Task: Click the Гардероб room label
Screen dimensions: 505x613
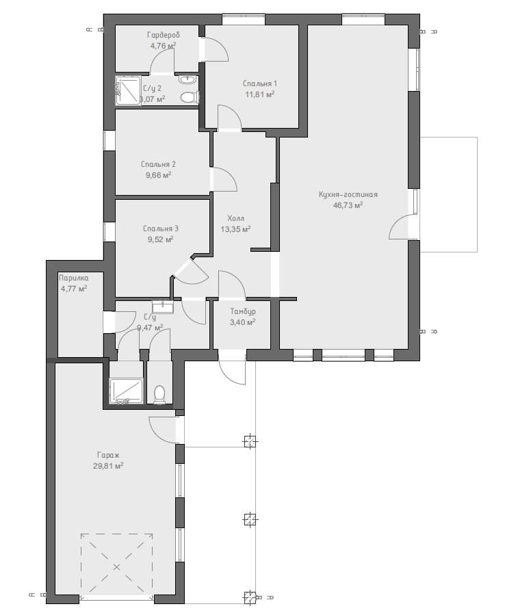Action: point(164,35)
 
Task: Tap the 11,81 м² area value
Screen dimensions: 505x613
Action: point(259,94)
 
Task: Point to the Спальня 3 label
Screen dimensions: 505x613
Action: point(161,229)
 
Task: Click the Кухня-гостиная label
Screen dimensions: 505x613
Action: point(348,194)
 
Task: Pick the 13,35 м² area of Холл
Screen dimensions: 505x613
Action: point(235,229)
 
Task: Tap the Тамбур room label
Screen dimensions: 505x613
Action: point(243,311)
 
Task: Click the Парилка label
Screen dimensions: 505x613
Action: point(73,278)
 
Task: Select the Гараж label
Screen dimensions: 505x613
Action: point(108,455)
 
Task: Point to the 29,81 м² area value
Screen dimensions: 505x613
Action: point(108,466)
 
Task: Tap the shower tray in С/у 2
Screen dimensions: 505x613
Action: point(128,91)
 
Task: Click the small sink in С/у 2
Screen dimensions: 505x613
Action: point(185,79)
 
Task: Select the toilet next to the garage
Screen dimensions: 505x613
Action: point(159,395)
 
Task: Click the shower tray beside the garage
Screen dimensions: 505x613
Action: point(126,391)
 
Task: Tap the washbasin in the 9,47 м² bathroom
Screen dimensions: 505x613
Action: point(163,306)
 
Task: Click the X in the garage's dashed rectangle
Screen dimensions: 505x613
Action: point(116,566)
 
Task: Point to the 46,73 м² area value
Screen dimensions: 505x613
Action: point(348,205)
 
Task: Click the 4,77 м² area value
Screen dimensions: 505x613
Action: point(73,289)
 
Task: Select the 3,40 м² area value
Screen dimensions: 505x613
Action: point(243,322)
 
